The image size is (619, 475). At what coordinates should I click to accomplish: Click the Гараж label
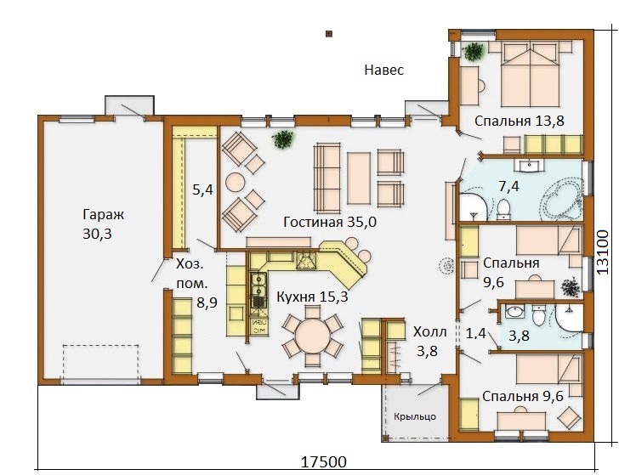click(104, 215)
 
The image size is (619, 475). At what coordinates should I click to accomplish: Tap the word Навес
click(384, 70)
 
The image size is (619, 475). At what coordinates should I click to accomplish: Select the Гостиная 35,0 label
click(330, 222)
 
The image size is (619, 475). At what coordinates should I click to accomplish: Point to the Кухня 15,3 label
click(312, 297)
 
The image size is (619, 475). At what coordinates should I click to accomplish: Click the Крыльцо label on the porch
click(415, 416)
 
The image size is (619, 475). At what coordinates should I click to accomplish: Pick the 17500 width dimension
click(324, 461)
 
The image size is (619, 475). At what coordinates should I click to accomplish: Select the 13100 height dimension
click(602, 252)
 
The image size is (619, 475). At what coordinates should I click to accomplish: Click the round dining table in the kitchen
click(313, 336)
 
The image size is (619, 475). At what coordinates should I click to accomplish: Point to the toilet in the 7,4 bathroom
click(503, 210)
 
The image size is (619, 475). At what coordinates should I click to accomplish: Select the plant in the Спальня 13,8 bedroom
click(474, 51)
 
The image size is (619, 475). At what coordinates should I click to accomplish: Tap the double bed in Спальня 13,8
click(530, 74)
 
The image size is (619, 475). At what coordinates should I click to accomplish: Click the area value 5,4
click(202, 189)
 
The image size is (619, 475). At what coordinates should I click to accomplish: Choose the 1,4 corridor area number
click(475, 334)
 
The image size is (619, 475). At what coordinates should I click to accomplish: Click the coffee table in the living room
click(359, 178)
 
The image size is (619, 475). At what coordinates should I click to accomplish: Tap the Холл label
click(430, 332)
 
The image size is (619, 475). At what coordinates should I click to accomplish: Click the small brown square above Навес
click(328, 34)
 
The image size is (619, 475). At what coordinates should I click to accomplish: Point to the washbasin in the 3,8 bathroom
click(514, 312)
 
